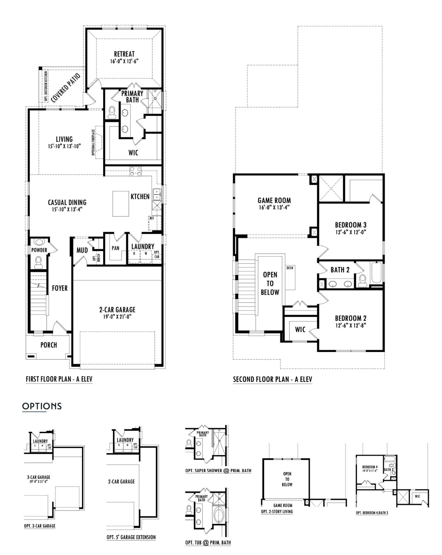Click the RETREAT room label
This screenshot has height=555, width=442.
click(124, 54)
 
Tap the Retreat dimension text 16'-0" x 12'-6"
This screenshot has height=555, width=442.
click(124, 61)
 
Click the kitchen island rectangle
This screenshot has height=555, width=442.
click(121, 204)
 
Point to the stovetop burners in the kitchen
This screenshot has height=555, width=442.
click(136, 171)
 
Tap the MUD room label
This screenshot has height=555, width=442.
click(82, 250)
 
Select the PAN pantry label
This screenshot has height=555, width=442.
click(115, 248)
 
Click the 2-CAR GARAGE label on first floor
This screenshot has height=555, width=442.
click(117, 310)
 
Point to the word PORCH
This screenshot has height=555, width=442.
click(48, 345)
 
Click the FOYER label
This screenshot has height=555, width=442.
click(60, 288)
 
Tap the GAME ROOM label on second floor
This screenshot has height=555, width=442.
click(274, 201)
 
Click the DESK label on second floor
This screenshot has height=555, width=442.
click(290, 268)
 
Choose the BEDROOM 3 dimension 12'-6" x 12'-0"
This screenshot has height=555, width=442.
click(350, 232)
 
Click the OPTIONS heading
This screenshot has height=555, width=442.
click(42, 406)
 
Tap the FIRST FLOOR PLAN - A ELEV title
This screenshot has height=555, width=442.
click(59, 379)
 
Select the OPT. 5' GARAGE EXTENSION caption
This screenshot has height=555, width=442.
click(131, 537)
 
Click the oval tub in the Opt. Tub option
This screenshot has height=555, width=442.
click(219, 515)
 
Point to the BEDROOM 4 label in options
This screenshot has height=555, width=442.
click(369, 467)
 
